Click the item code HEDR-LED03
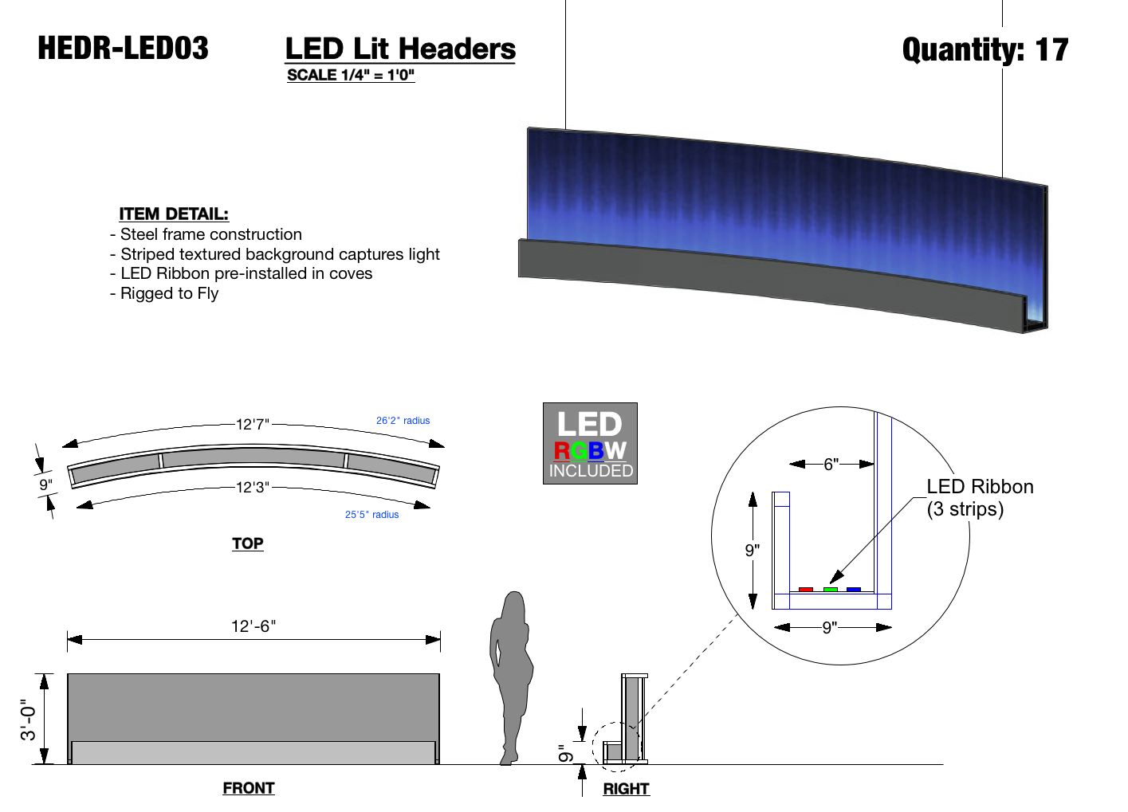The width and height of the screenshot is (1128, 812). pos(123,49)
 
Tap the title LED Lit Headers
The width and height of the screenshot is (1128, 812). pos(400,49)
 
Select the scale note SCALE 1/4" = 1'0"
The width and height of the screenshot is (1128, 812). pos(351,75)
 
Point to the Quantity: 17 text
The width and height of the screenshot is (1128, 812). pos(985,50)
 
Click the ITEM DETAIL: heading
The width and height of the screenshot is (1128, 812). pos(174,214)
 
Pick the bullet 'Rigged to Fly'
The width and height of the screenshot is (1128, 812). pos(164,293)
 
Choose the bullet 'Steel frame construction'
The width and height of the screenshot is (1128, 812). pos(206,234)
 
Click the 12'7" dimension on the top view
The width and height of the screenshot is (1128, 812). pos(253,425)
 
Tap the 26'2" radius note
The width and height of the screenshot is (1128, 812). pos(403,421)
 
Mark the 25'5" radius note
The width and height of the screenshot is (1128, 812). pos(371,515)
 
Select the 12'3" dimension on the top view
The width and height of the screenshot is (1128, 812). pos(253,488)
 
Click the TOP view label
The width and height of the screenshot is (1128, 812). pos(248,543)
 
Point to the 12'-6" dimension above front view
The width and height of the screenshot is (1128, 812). pos(254,626)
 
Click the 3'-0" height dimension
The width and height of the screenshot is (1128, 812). pos(28,720)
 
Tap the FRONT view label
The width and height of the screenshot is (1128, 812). pos(249,788)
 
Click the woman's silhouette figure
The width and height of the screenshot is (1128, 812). pos(511,678)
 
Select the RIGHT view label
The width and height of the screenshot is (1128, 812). pos(627,789)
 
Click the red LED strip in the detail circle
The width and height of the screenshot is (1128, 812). pos(806,589)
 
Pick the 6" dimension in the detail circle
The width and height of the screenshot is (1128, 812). pos(831,464)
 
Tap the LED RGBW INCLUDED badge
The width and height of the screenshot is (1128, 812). pos(590,444)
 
